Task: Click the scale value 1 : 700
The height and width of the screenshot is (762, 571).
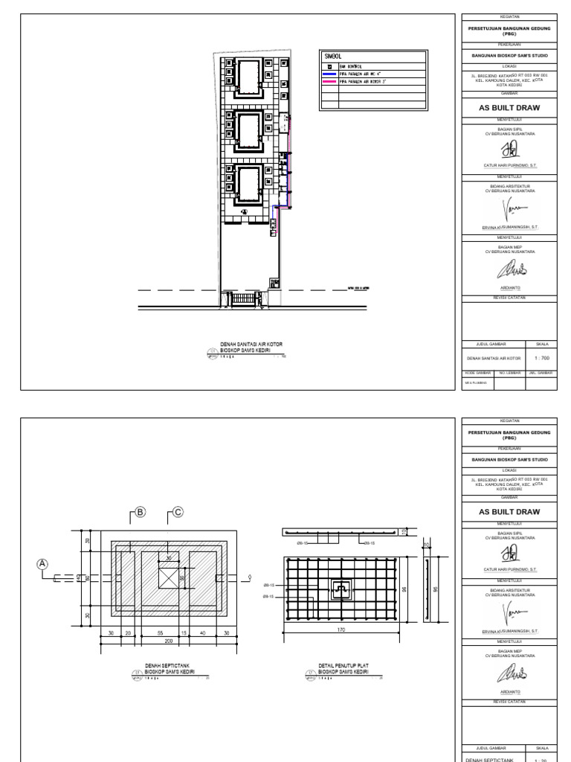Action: [x=541, y=358]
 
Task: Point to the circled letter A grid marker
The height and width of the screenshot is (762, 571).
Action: [x=43, y=563]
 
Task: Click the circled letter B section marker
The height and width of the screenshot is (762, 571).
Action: [x=139, y=511]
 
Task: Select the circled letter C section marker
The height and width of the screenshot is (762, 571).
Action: [x=178, y=511]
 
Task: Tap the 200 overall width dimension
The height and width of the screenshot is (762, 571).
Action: [x=169, y=640]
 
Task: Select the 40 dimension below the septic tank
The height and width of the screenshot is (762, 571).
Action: [x=202, y=632]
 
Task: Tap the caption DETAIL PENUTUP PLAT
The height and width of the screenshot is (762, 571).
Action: [x=344, y=666]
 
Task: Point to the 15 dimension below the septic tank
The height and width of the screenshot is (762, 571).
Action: [x=184, y=632]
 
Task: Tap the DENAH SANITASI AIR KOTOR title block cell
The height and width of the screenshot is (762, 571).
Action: [x=494, y=358]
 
